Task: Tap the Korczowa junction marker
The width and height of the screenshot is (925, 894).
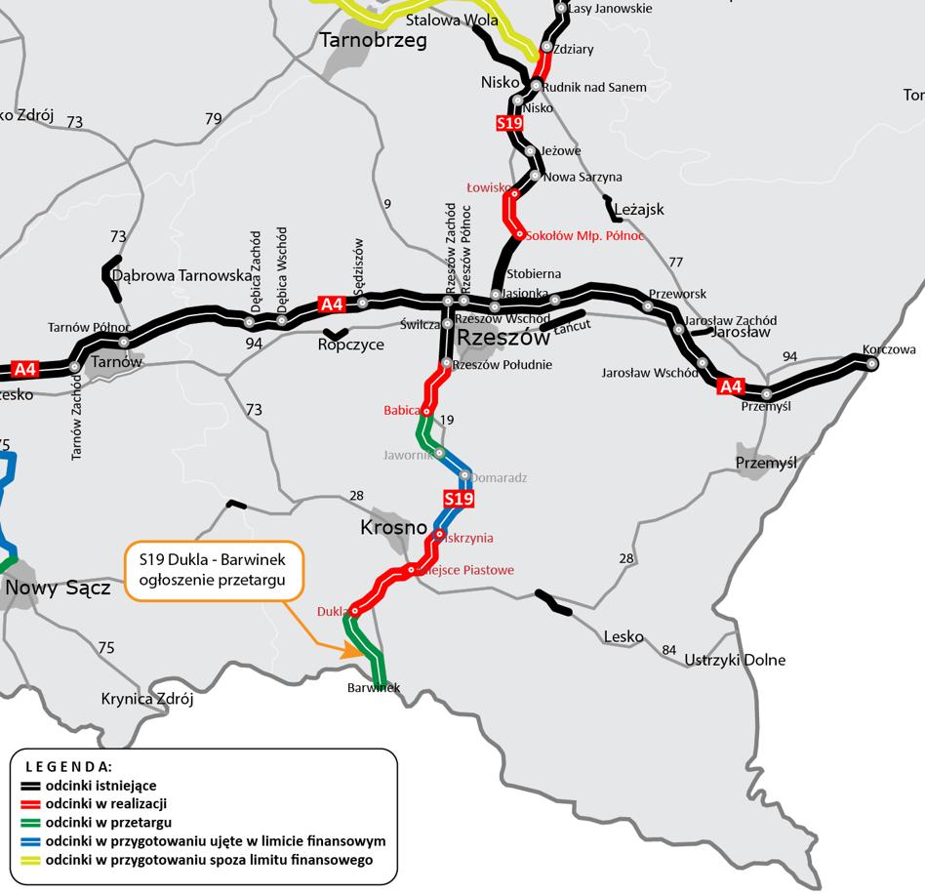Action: (x=871, y=364)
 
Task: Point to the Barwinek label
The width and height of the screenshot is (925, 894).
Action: (x=374, y=688)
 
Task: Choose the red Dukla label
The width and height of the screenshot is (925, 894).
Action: (x=332, y=612)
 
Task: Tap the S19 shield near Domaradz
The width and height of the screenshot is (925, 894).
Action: (x=459, y=500)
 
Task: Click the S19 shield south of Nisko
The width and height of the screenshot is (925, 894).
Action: (x=509, y=123)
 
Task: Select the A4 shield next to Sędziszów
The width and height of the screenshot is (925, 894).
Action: (x=333, y=305)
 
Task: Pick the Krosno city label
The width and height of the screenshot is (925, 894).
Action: (x=393, y=528)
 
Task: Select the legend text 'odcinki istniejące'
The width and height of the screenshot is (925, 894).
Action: (x=101, y=786)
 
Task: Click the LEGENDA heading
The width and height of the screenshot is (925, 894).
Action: (x=68, y=767)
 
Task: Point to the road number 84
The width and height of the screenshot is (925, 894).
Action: (x=668, y=650)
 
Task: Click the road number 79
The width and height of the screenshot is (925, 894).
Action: (x=214, y=119)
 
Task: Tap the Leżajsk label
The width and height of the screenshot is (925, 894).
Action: (x=638, y=209)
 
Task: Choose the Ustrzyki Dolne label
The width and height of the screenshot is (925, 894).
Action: (x=737, y=660)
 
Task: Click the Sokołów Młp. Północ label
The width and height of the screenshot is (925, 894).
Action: (x=584, y=236)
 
